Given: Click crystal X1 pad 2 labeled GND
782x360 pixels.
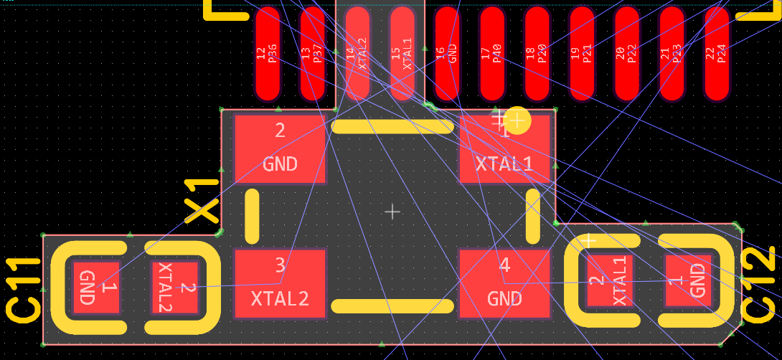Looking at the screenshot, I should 280,149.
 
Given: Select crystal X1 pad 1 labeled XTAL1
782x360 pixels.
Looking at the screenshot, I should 504,149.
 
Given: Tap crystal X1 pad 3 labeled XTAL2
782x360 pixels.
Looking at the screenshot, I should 280,283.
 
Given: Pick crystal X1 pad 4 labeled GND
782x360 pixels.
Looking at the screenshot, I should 504,283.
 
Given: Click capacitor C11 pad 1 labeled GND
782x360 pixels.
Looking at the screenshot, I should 96,287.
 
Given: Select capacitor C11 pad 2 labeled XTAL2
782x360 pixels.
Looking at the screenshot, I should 174,287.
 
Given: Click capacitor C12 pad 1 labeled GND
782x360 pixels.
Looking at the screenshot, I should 688,280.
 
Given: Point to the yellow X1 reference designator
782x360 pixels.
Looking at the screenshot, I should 202,203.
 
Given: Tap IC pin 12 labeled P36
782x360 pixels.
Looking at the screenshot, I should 268,53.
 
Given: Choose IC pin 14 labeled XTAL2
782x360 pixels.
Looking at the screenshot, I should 357,53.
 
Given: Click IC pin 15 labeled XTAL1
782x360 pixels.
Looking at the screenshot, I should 402,53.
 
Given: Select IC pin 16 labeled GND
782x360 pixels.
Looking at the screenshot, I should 447,53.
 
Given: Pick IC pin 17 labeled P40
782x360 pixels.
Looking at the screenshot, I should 492,53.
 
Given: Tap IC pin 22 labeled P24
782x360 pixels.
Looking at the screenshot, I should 717,53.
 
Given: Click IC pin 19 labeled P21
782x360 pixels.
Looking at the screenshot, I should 582,53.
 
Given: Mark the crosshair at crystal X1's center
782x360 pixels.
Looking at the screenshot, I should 392,212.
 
